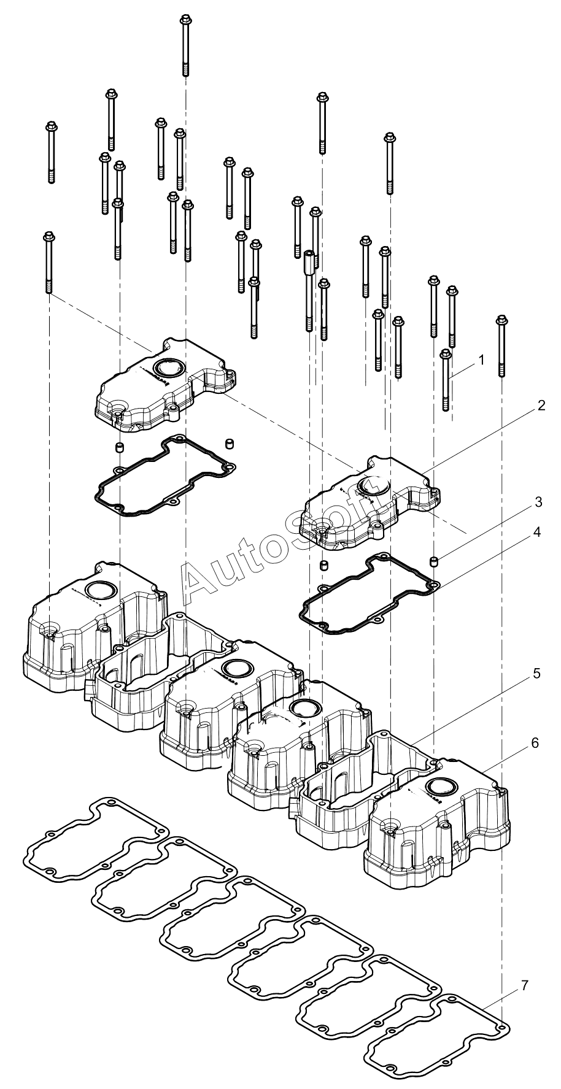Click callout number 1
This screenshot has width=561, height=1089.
pos(481,360)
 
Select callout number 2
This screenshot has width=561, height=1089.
pos(541,406)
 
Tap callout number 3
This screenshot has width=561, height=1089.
pos(538,502)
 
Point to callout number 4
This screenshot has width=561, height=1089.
pos(536,532)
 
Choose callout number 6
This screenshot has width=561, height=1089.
pos(535,743)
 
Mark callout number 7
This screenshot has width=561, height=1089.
pos(524,986)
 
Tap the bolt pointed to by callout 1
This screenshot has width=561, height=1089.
pos(446,380)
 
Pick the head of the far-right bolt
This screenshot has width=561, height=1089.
pos(501,320)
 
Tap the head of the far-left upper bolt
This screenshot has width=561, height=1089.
pos(51,127)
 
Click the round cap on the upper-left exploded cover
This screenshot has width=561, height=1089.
pos(168,368)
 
